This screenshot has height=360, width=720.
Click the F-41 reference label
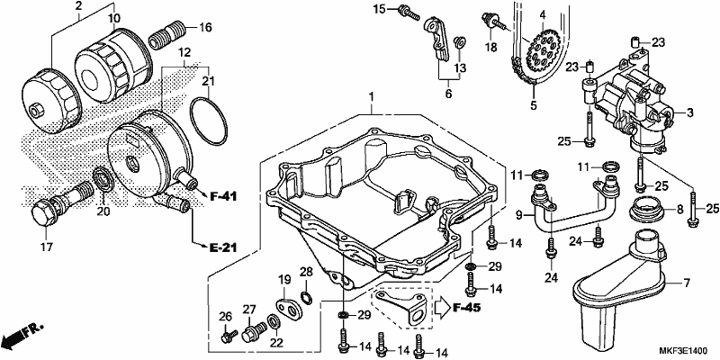click(223, 197)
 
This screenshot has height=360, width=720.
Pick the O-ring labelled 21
click(209, 121)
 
